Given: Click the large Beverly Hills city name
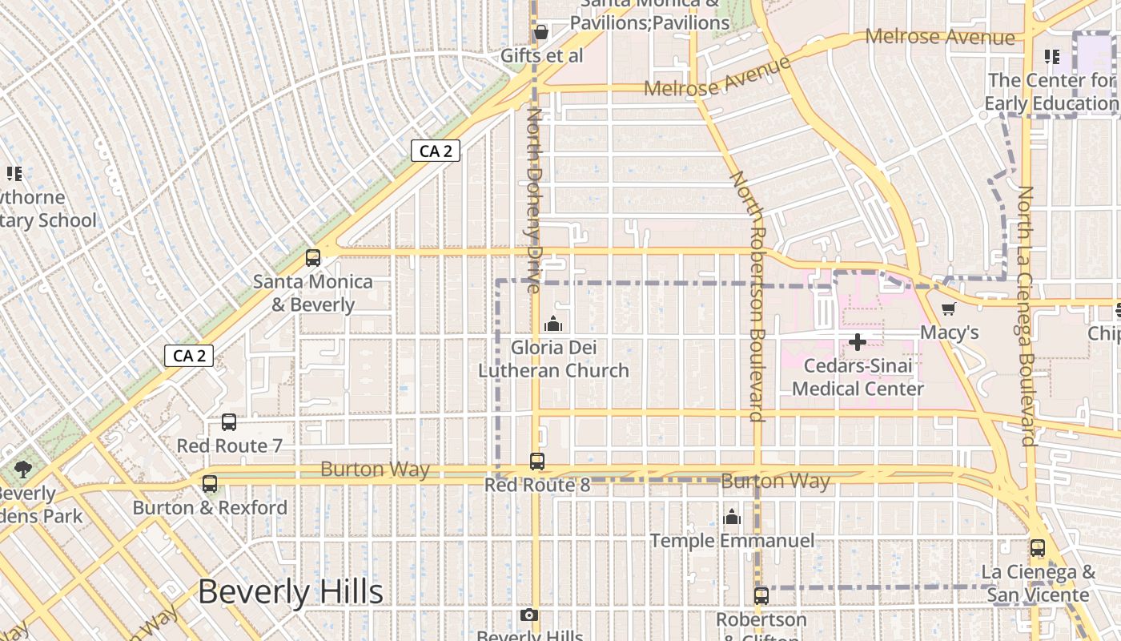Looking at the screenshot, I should pyautogui.click(x=291, y=592).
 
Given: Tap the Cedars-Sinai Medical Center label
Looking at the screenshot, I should pyautogui.click(x=858, y=377).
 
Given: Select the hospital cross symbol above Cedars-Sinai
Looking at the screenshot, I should pyautogui.click(x=858, y=343).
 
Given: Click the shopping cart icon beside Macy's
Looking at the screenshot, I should pyautogui.click(x=948, y=309).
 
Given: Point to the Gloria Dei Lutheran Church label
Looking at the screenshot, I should pyautogui.click(x=553, y=359).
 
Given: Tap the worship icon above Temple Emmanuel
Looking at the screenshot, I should pyautogui.click(x=732, y=518).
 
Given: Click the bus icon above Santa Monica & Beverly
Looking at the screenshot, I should pyautogui.click(x=313, y=258).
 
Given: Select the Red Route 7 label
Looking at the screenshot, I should pyautogui.click(x=230, y=445).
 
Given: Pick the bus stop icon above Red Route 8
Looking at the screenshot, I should pyautogui.click(x=537, y=462).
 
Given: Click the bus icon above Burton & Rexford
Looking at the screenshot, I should pyautogui.click(x=210, y=484).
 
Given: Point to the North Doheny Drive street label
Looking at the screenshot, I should pyautogui.click(x=534, y=200).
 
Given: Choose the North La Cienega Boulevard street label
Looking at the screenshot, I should pyautogui.click(x=1026, y=316).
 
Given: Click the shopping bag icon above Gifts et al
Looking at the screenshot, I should pyautogui.click(x=541, y=32).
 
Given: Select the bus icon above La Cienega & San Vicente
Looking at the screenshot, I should pyautogui.click(x=1038, y=549).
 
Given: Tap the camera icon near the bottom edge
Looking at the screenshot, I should pyautogui.click(x=528, y=615).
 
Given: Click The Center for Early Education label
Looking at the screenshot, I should pyautogui.click(x=1051, y=91).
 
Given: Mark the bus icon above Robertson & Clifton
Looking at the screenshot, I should pyautogui.click(x=761, y=596).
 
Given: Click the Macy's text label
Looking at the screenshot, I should pyautogui.click(x=950, y=332).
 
